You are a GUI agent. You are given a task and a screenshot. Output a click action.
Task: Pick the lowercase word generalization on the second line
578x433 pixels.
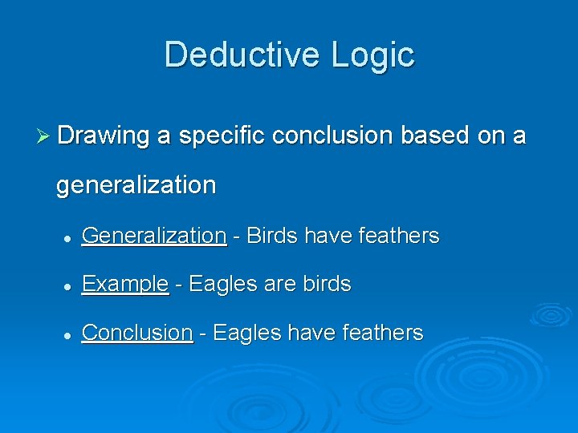136,185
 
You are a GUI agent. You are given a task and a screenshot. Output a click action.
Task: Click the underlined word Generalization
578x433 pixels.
154,236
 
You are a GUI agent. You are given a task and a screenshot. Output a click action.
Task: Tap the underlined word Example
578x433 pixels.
125,285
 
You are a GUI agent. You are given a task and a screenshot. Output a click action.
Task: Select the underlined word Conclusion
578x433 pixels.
137,333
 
